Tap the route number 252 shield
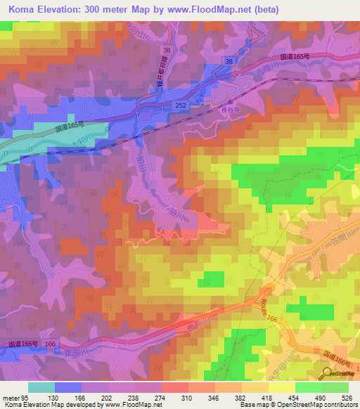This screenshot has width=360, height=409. click(x=182, y=104)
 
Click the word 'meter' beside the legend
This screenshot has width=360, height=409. click(x=10, y=398)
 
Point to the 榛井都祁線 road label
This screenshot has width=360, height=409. click(x=158, y=70)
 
